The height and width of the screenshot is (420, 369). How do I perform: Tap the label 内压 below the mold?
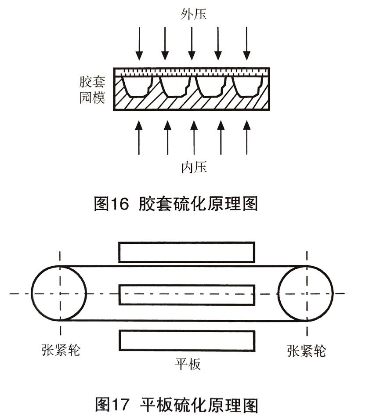coord(194,167)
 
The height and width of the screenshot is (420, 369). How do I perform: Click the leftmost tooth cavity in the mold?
coord(137,86)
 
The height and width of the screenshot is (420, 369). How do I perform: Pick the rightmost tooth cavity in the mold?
coord(248,86)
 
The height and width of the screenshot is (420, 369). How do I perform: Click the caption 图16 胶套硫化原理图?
coord(176,204)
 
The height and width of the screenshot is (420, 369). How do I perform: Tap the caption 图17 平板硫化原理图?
coord(176,405)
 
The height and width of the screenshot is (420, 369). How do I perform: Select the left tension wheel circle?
coord(58,293)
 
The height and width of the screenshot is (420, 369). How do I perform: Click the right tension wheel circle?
coord(306,293)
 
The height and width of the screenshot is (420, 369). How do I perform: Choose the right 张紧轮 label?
coord(307,350)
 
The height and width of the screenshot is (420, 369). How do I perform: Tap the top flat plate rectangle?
coord(187,252)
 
